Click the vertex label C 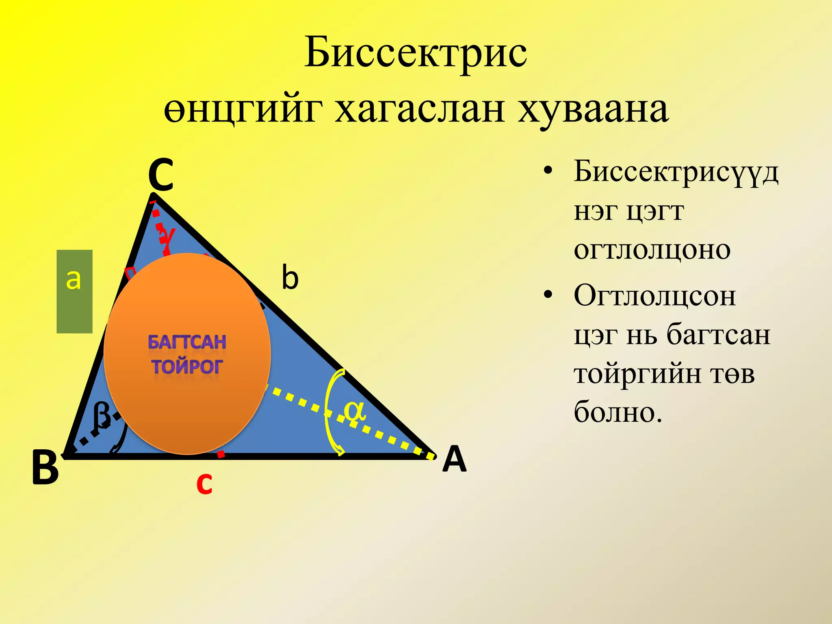pos(161,175)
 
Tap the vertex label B pos(45,468)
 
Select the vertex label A pos(455,459)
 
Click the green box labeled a pos(74,291)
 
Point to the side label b pos(290,277)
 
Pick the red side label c pos(204,483)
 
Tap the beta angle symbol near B pos(101,415)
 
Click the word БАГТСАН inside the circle pos(187,342)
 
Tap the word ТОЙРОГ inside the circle pos(187,367)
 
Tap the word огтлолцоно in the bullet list pos(652,250)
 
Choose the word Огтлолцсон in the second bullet pos(654,296)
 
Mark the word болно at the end pos(617,412)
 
